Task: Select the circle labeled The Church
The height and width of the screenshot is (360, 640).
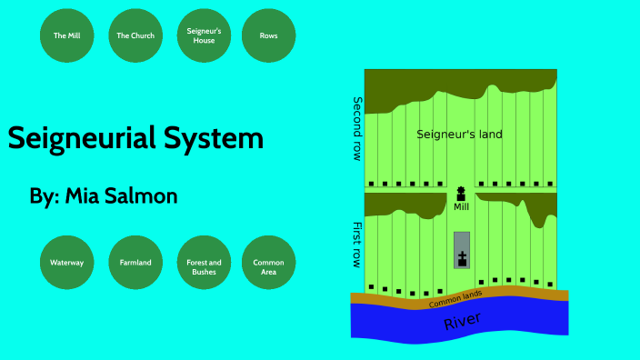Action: tap(135, 35)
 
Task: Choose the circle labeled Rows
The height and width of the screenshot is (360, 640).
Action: tap(268, 35)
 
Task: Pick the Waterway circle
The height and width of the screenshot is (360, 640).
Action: tap(67, 263)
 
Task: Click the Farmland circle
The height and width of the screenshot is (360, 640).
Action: tap(135, 263)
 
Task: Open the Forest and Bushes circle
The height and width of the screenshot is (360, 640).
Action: tap(204, 263)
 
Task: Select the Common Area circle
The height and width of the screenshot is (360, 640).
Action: tap(268, 263)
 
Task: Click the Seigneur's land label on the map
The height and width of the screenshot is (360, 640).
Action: tap(459, 135)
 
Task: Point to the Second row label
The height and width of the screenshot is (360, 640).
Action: tap(357, 128)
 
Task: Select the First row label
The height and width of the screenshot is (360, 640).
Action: tap(357, 244)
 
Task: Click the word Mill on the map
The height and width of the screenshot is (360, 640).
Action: tap(461, 207)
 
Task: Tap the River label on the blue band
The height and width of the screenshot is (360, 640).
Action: tap(462, 321)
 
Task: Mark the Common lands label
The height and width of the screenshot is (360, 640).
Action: tap(455, 297)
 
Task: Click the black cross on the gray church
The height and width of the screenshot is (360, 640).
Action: tap(462, 257)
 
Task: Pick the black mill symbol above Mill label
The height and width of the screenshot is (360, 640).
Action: tap(461, 194)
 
